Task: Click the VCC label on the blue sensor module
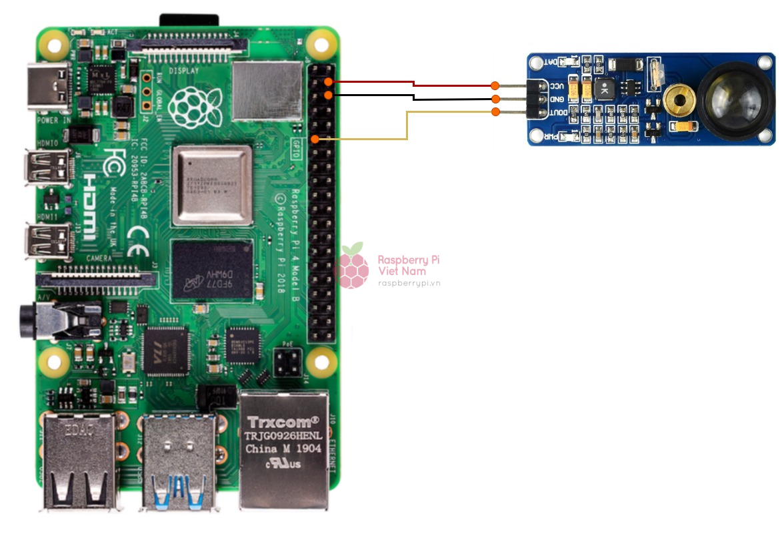[x=557, y=87]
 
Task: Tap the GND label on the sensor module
[x=557, y=99]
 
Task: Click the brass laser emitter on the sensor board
[x=679, y=101]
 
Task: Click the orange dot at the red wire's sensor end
[x=495, y=85]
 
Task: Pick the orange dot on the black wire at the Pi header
[x=328, y=95]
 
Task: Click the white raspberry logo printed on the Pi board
[x=193, y=106]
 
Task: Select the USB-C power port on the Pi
[x=48, y=87]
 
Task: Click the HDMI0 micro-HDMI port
[x=47, y=167]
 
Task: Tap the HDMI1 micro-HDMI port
[x=47, y=241]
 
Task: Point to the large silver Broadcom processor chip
[x=212, y=185]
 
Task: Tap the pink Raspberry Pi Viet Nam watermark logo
[x=353, y=266]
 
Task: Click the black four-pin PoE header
[x=288, y=362]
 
